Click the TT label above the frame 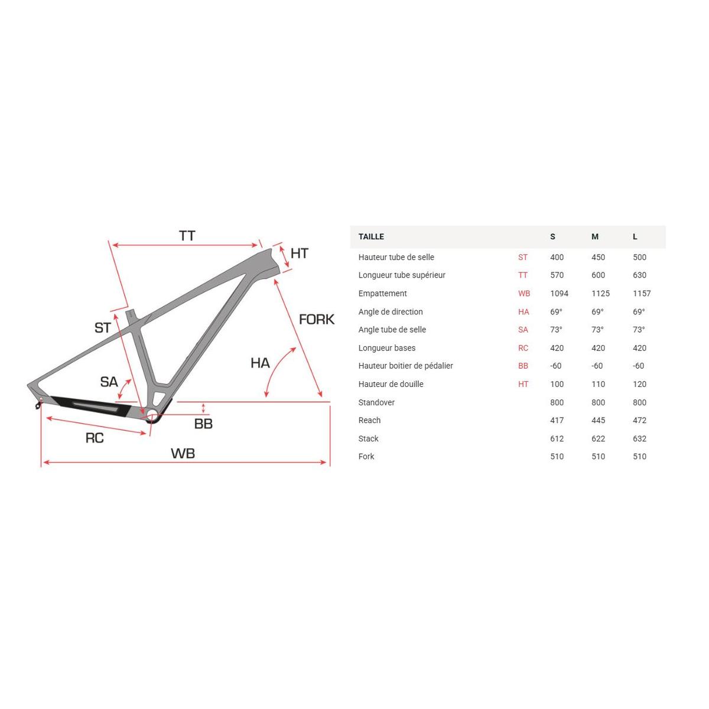pos(187,236)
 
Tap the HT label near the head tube pos(299,253)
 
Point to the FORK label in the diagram pos(317,320)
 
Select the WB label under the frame pos(183,453)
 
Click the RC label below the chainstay pos(95,438)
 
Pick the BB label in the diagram pos(203,424)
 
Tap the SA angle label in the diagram pos(109,382)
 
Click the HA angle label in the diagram pos(260,363)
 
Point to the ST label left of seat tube pos(103,328)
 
